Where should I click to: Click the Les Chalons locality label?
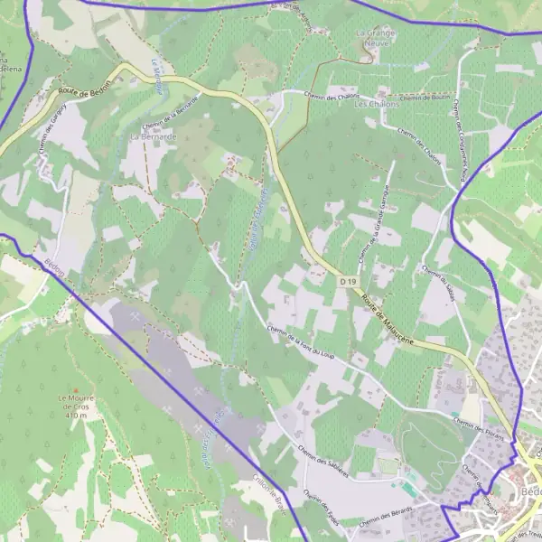coord(373,105)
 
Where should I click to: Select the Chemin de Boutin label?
coord(424,97)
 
